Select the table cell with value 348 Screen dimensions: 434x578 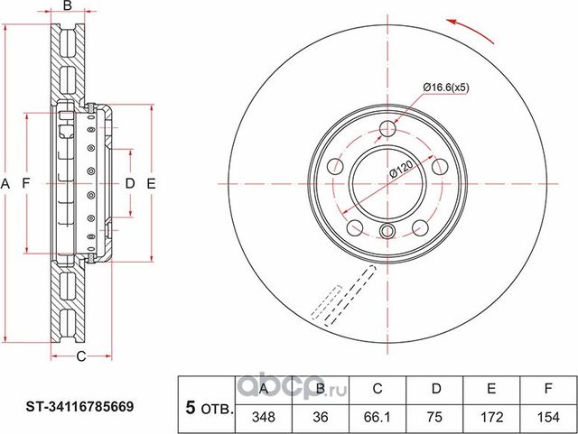coord(263,417)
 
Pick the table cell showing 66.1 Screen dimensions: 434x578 coord(378,417)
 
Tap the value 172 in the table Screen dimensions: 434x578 coord(491,417)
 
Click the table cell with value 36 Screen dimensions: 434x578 coord(321,417)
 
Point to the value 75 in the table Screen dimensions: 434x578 coord(434,417)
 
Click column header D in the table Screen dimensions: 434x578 coord(434,390)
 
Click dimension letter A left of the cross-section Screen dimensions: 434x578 coord(5,184)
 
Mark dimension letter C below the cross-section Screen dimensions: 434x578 coord(79,356)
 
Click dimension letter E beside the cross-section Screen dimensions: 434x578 coord(152,184)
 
